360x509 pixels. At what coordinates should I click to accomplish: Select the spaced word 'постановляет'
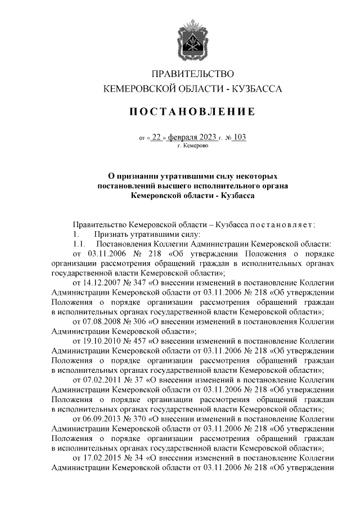coord(282,224)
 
